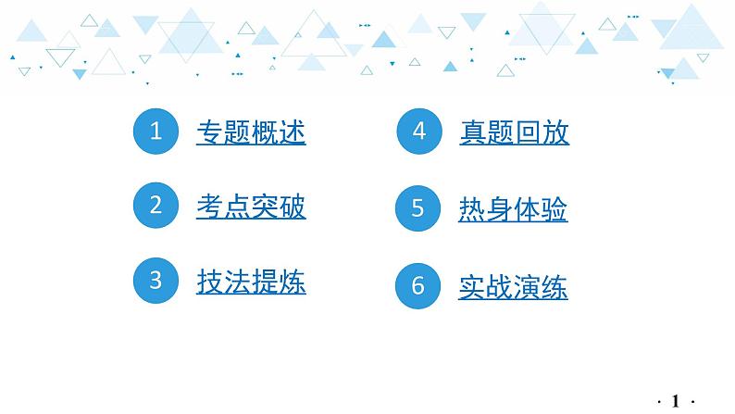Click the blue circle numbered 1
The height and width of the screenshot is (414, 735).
pyautogui.click(x=156, y=132)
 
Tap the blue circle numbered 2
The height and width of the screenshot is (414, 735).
pyautogui.click(x=156, y=205)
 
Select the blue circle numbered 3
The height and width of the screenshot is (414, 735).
pyautogui.click(x=156, y=280)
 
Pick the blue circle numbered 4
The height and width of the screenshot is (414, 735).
pyautogui.click(x=418, y=132)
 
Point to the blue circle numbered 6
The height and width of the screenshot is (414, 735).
pyautogui.click(x=417, y=286)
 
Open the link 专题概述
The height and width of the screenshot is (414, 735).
pyautogui.click(x=251, y=132)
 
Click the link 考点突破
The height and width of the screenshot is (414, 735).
pyautogui.click(x=251, y=206)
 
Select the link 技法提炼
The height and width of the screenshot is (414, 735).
pyautogui.click(x=251, y=281)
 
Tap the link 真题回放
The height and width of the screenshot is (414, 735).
pyautogui.click(x=514, y=132)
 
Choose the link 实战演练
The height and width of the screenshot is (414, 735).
pyautogui.click(x=513, y=287)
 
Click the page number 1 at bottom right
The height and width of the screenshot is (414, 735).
pyautogui.click(x=676, y=400)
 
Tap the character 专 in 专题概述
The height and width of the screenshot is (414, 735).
pyautogui.click(x=210, y=132)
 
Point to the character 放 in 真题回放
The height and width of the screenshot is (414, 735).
pyautogui.click(x=555, y=132)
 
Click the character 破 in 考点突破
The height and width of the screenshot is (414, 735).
pyautogui.click(x=293, y=206)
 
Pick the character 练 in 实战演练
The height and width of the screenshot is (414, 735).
pyautogui.click(x=554, y=287)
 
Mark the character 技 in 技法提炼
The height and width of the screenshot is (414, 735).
pyautogui.click(x=210, y=281)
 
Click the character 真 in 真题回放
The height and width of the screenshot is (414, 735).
pyautogui.click(x=473, y=132)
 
